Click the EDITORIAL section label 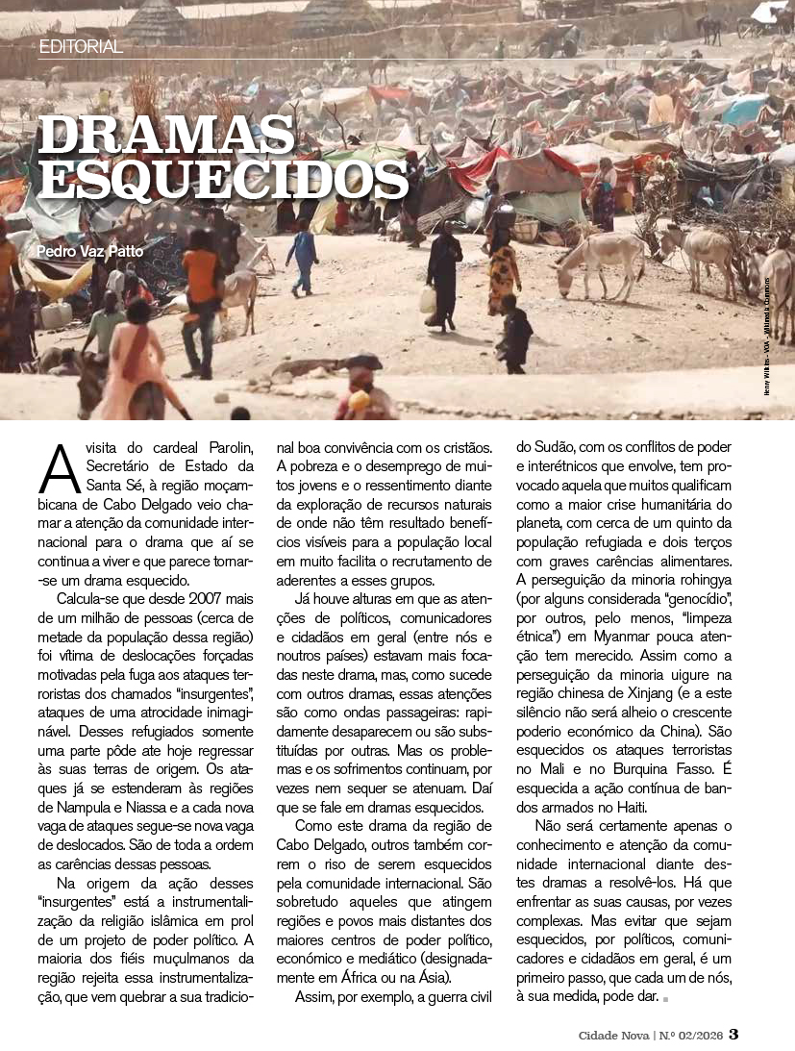(x=81, y=46)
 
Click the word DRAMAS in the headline (x=165, y=136)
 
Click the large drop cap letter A (x=58, y=465)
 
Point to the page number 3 (x=733, y=1035)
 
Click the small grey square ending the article (x=663, y=1000)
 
